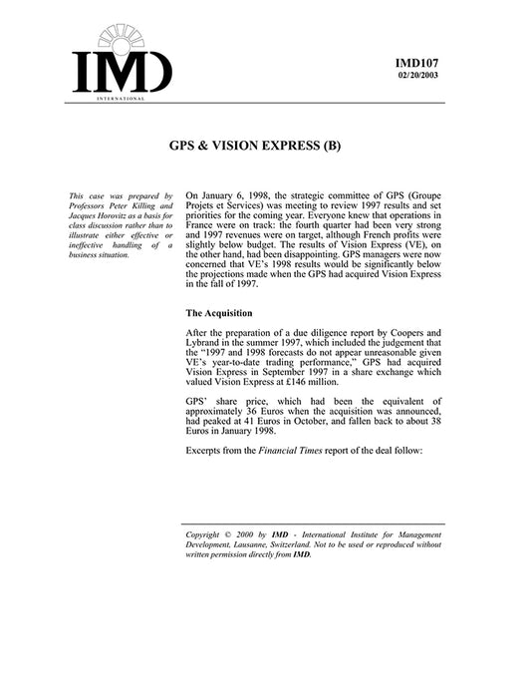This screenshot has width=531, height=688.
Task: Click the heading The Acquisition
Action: (x=223, y=313)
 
